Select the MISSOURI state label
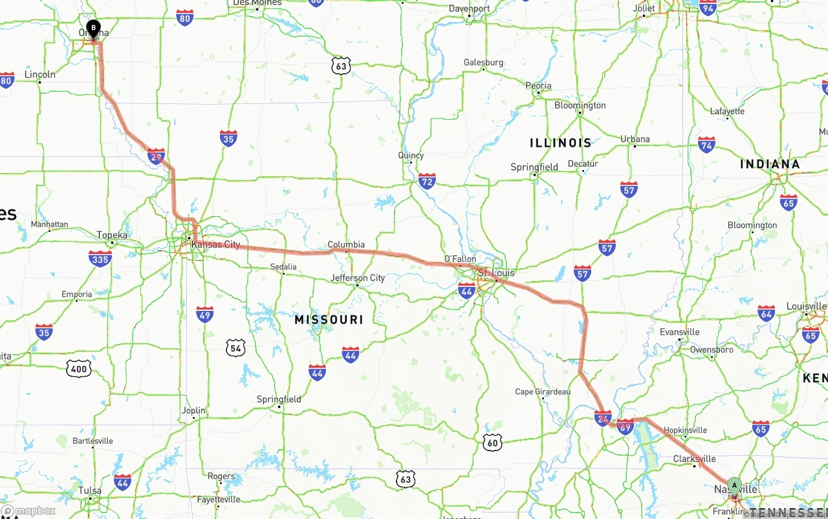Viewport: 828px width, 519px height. pyautogui.click(x=329, y=319)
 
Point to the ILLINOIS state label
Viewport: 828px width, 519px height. pyautogui.click(x=560, y=143)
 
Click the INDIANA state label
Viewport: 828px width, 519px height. pyautogui.click(x=770, y=164)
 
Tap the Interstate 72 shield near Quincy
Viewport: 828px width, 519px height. pyautogui.click(x=427, y=180)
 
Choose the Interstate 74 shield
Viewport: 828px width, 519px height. pyautogui.click(x=706, y=144)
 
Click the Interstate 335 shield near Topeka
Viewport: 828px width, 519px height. pyautogui.click(x=100, y=259)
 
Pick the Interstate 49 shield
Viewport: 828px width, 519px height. pyautogui.click(x=205, y=314)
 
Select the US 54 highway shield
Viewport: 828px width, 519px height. pyautogui.click(x=236, y=348)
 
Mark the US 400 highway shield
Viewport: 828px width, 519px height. pyautogui.click(x=78, y=369)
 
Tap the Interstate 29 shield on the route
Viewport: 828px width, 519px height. pyautogui.click(x=156, y=156)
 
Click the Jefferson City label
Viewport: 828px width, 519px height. pyautogui.click(x=358, y=278)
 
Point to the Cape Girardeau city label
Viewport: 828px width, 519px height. pyautogui.click(x=543, y=392)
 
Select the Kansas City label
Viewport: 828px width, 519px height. pyautogui.click(x=215, y=244)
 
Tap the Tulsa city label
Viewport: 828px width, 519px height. pyautogui.click(x=90, y=491)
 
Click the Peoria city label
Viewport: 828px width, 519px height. pyautogui.click(x=538, y=85)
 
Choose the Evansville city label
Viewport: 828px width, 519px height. pyautogui.click(x=679, y=332)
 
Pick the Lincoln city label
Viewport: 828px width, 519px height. pyautogui.click(x=40, y=74)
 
